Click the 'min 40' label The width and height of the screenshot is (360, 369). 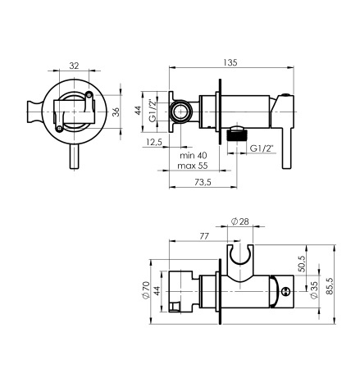tap(194, 156)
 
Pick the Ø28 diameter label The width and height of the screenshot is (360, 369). tap(239, 221)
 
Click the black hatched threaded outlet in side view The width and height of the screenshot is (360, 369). tap(237, 135)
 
